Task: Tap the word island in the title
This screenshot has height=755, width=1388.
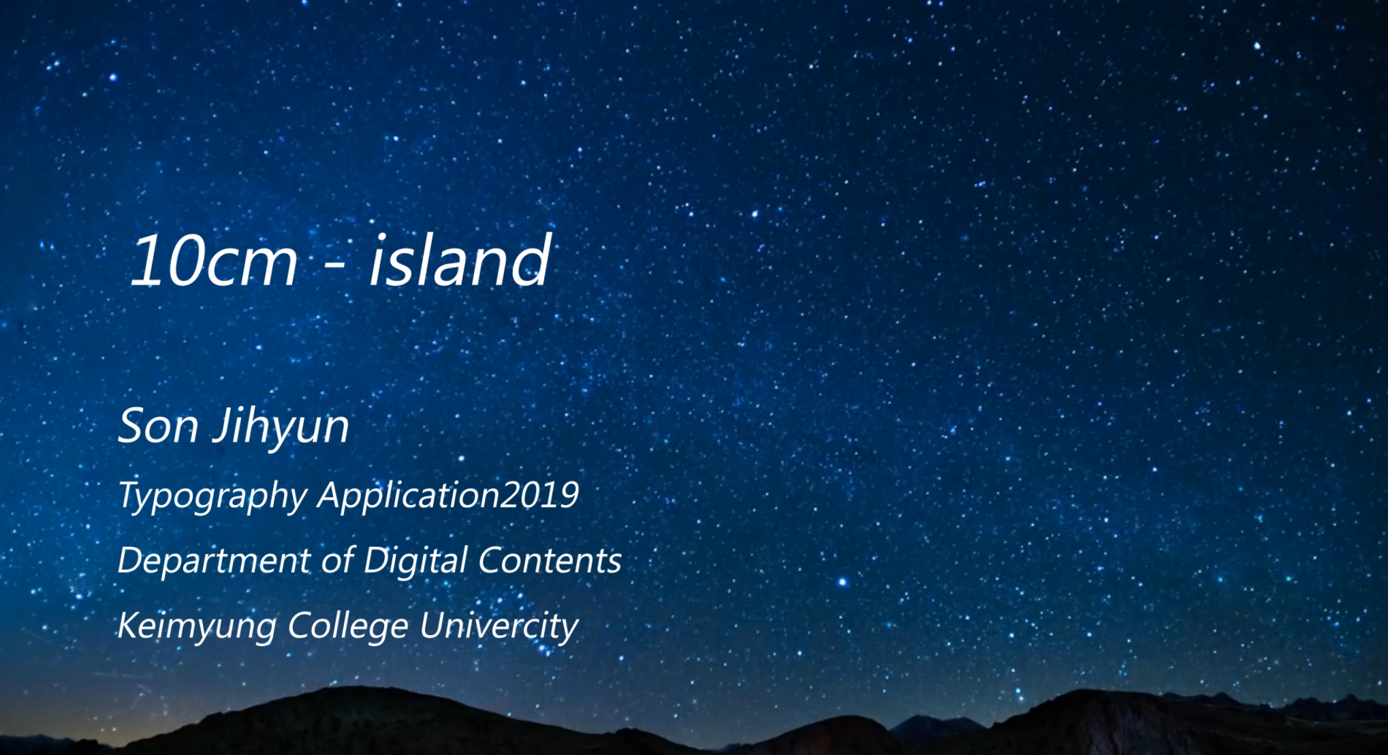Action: click(460, 259)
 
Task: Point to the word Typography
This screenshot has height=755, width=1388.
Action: click(213, 496)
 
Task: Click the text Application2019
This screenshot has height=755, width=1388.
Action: click(449, 495)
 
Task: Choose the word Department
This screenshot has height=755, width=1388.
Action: click(214, 561)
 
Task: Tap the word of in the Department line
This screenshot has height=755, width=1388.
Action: click(338, 560)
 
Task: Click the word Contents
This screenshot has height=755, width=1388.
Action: click(550, 560)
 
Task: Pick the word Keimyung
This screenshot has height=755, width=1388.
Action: click(197, 626)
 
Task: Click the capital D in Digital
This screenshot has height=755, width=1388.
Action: click(377, 560)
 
